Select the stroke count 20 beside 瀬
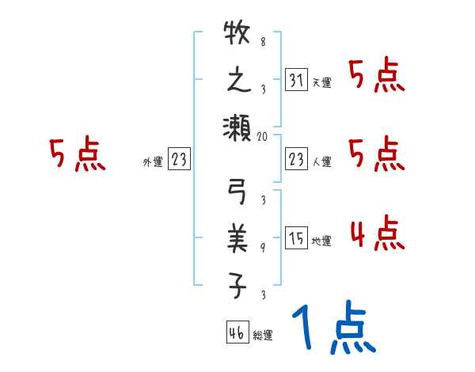click(x=264, y=136)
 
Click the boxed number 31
click(x=294, y=79)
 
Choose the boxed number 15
click(x=294, y=238)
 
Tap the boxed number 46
click(x=235, y=332)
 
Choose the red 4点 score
click(x=377, y=233)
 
